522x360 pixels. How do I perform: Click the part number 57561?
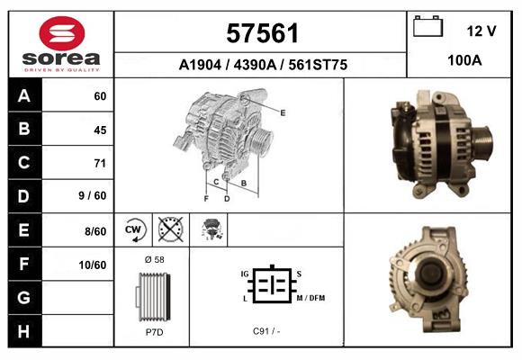tap(261, 34)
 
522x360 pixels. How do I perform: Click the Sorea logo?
tap(61, 43)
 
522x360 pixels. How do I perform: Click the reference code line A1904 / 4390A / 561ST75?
tap(262, 65)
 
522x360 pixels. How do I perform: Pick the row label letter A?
tap(23, 95)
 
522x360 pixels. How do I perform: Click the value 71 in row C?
tap(100, 163)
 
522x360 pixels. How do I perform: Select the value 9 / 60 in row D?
tap(93, 196)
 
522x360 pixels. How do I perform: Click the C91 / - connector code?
tap(266, 331)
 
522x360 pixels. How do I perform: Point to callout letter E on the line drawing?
tap(283, 112)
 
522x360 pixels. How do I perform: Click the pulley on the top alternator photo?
tap(481, 142)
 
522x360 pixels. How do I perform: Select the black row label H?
tap(23, 331)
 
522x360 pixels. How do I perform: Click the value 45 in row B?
tap(100, 130)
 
